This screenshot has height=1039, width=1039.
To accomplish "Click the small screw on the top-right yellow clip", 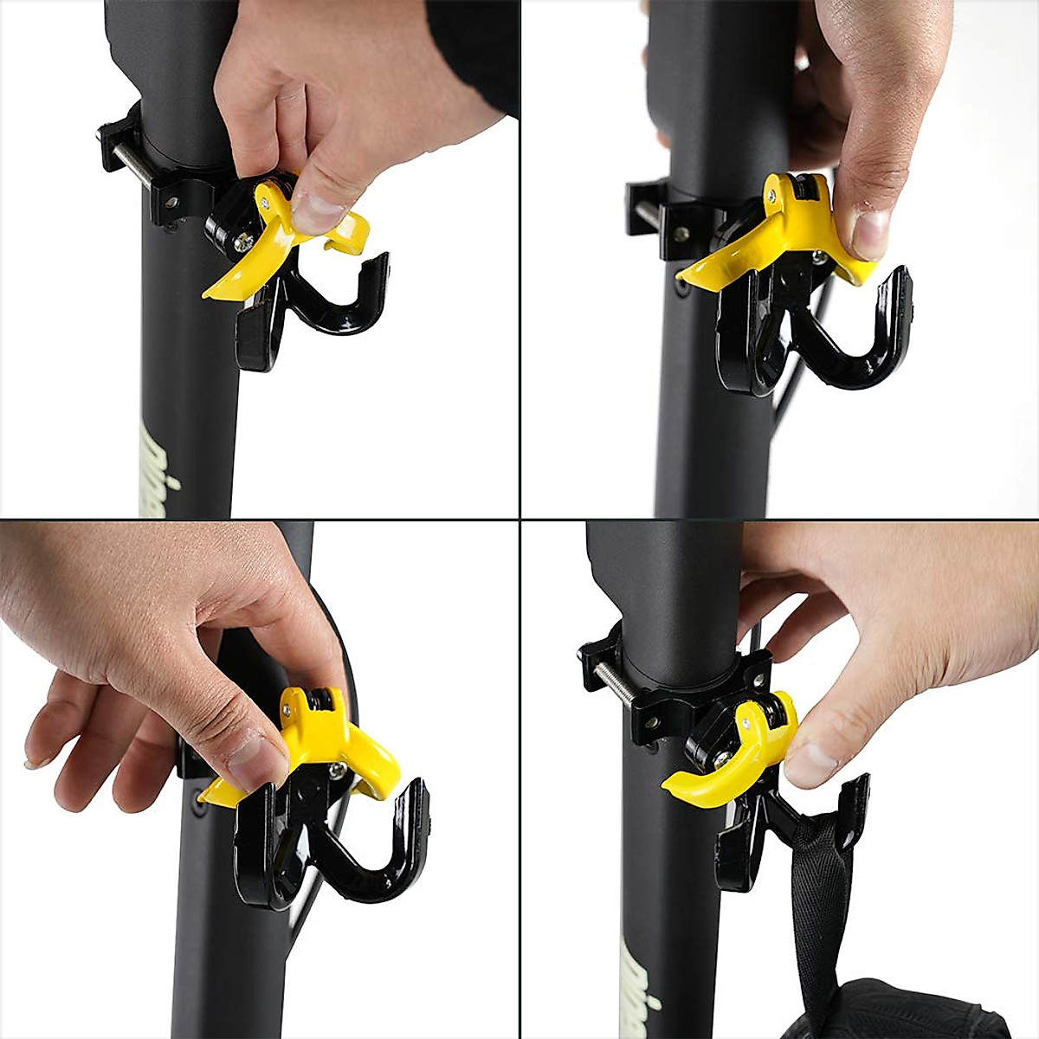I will pos(817,256).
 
